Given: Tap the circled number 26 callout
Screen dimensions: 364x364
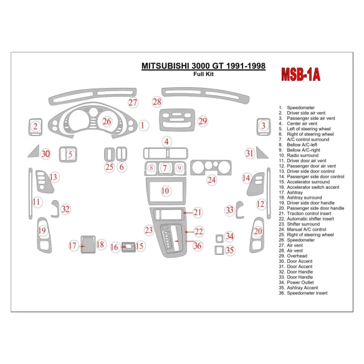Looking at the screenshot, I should click(107, 121).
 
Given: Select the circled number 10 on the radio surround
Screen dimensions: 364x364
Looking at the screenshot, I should click(165, 191).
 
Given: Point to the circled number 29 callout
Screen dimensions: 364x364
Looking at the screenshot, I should click(203, 121).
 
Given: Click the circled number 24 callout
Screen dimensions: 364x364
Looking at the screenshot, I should click(212, 180).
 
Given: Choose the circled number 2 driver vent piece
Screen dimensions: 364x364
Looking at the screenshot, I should click(36, 128).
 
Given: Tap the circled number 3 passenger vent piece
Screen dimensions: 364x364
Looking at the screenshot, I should click(264, 127).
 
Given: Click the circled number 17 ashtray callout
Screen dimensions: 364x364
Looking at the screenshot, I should click(73, 246).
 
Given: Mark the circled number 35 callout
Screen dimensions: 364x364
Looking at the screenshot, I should click(230, 251).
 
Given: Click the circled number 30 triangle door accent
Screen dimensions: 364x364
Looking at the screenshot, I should click(45, 154).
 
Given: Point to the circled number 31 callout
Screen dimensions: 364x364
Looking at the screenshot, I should click(249, 153).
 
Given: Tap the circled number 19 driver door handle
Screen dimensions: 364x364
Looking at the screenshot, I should click(42, 231).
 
